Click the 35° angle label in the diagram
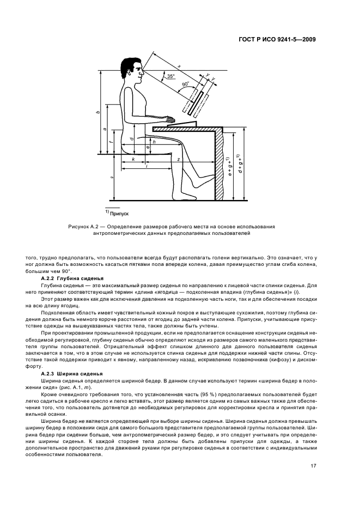pos(170,77)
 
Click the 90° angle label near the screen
pos(185,86)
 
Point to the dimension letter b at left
pos(97,112)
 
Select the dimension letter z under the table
pos(178,159)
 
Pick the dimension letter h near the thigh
pos(154,142)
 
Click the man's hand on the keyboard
pos(170,119)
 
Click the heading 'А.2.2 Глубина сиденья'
pos(73,279)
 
